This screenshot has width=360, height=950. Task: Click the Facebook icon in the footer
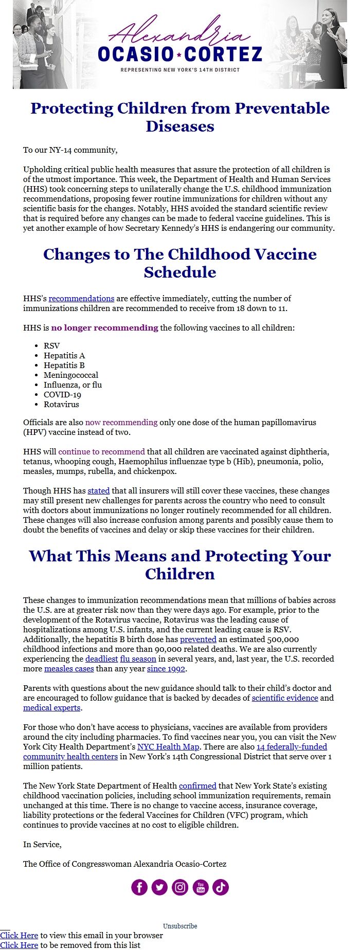(x=139, y=887)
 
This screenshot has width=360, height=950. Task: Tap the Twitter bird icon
(x=159, y=887)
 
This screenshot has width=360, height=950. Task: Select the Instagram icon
(x=180, y=887)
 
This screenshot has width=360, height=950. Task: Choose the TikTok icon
(x=221, y=887)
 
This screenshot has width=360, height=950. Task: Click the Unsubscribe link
(x=180, y=926)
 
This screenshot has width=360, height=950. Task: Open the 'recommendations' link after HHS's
(x=81, y=299)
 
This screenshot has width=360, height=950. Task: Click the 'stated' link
(x=98, y=491)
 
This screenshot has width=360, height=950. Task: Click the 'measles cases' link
(x=69, y=669)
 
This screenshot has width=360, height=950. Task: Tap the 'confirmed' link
(x=197, y=786)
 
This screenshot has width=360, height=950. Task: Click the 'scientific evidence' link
(x=284, y=698)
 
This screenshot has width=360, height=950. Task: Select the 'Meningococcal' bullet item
(x=70, y=375)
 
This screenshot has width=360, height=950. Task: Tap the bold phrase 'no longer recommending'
(x=104, y=328)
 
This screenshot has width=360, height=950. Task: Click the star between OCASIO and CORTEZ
(x=179, y=54)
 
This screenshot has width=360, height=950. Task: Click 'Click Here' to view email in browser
(x=19, y=936)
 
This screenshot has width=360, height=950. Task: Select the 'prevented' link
(x=198, y=640)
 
